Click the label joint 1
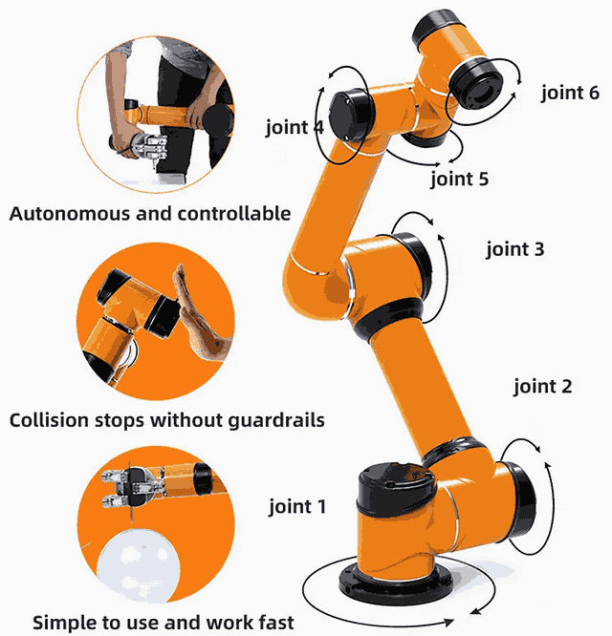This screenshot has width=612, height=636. [x=296, y=506]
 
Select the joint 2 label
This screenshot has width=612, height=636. [x=542, y=386]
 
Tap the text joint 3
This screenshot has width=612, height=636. [x=514, y=249]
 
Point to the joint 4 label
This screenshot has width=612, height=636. [x=295, y=127]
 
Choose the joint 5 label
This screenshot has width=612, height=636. [x=459, y=178]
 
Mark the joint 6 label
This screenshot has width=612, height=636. [x=570, y=93]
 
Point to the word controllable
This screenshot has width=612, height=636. [x=234, y=213]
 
